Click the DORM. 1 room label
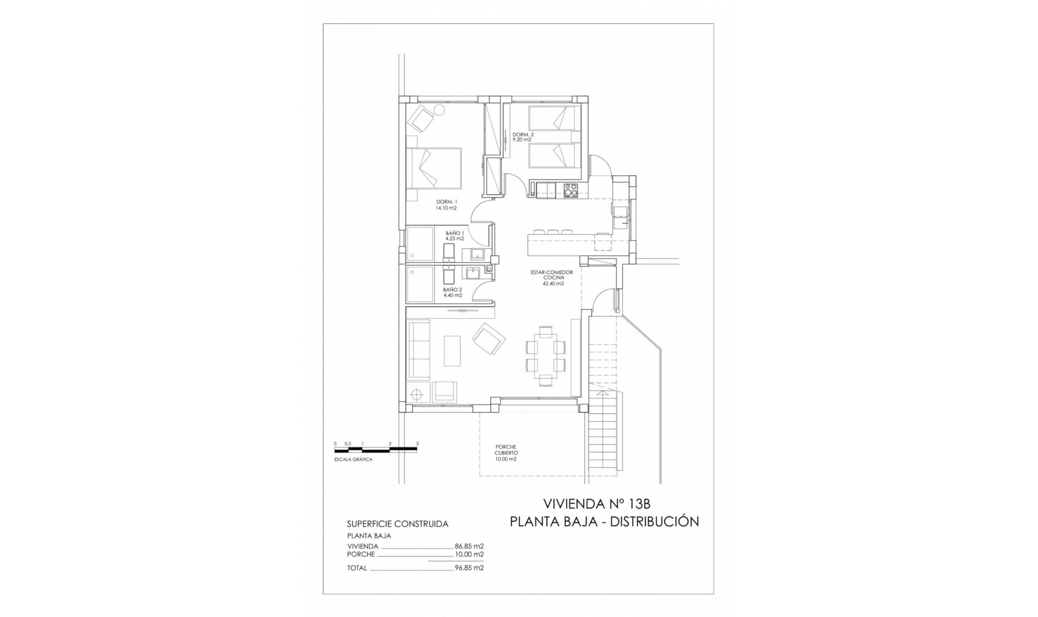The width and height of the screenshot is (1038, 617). pos(447,205)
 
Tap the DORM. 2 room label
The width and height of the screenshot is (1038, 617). pos(522,137)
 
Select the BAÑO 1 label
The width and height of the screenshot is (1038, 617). pos(454,235)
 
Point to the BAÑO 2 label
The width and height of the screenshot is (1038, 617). pos(453,292)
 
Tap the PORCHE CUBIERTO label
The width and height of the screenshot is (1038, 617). pos(506,453)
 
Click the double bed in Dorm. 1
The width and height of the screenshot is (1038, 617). pos(434,168)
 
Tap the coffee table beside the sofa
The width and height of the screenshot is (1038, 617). pos(453,351)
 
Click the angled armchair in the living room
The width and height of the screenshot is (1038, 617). pos(489,339)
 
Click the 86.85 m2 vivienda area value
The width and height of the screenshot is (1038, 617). pos(469,546)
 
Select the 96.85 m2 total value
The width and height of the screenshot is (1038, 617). pos(469,568)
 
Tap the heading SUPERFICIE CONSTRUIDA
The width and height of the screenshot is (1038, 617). pos(397,524)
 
